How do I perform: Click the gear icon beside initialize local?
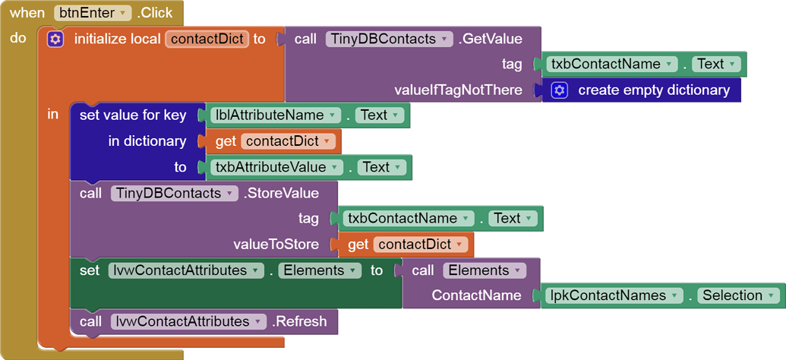55,39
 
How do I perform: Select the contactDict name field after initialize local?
207,39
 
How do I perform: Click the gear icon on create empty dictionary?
560,90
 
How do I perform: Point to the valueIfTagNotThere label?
459,90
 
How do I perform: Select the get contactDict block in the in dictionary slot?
270,141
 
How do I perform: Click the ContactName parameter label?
476,295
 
